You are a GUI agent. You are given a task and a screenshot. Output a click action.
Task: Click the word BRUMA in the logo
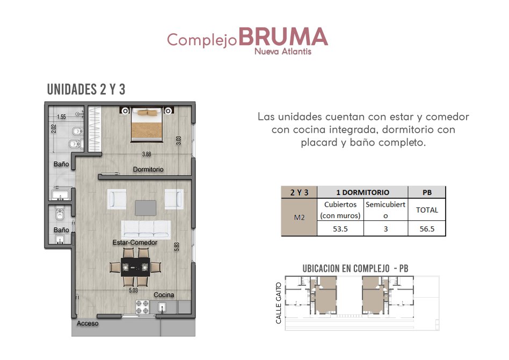tap(283, 37)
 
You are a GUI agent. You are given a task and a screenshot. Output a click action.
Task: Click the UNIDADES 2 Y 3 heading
tap(86, 89)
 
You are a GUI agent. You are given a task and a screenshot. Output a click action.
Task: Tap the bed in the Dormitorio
tap(147, 125)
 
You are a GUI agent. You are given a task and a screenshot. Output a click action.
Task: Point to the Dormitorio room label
tap(148, 169)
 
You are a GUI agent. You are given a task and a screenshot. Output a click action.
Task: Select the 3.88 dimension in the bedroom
tap(147, 154)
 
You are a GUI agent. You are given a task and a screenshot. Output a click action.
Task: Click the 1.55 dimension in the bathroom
tap(61, 117)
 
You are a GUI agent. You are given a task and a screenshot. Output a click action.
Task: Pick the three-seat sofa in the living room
tap(146, 229)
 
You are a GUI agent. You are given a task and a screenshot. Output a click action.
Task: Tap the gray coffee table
tap(146, 207)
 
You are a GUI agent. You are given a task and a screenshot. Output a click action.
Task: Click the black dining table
tap(135, 267)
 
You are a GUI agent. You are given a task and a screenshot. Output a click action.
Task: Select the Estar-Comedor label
tap(135, 242)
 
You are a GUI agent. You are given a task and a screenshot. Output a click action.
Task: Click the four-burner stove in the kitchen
tap(142, 307)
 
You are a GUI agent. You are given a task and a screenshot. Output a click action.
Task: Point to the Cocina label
tap(164, 294)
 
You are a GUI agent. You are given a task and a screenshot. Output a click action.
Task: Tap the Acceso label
tap(88, 323)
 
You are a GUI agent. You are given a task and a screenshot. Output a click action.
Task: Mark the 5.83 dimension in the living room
tap(177, 247)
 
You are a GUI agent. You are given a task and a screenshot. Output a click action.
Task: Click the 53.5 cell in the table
tap(340, 229)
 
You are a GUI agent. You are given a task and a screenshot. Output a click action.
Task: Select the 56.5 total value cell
tap(427, 229)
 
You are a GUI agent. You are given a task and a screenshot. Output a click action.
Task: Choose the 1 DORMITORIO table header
tap(362, 192)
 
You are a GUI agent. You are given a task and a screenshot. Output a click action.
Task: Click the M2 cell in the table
tap(299, 217)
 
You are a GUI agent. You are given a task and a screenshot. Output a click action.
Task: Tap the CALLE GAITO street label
tap(278, 303)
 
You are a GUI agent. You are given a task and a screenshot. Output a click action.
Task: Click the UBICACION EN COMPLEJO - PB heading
tap(355, 269)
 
